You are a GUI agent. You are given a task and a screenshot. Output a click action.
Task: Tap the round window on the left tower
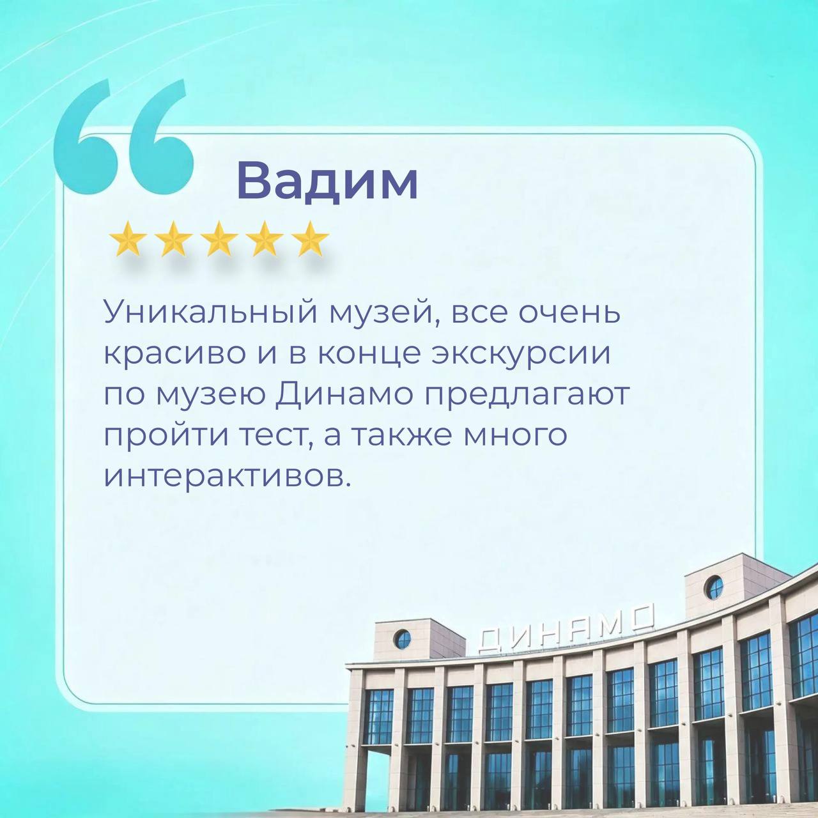click(403, 639)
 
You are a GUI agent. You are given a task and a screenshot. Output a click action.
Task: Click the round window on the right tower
click(713, 588)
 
